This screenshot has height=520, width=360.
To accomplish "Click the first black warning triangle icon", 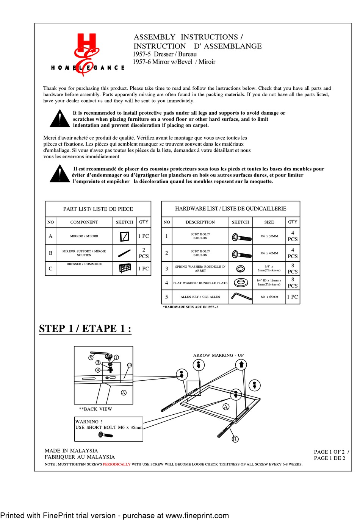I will tap(59, 119).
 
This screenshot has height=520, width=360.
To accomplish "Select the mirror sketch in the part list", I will tap(124, 236).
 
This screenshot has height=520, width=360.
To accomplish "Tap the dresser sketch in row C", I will tap(125, 268).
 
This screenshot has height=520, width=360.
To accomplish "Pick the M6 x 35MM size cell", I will tap(269, 236).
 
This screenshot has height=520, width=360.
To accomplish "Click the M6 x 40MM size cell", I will tap(269, 253).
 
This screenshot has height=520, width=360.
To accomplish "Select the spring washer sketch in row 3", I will tap(240, 269).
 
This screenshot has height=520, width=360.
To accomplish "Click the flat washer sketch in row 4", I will tap(241, 283).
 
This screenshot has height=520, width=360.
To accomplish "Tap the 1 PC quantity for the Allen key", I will tap(292, 297).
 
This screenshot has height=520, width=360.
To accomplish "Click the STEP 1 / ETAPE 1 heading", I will tap(85, 328).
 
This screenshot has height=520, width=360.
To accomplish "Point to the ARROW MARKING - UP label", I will tap(218, 355).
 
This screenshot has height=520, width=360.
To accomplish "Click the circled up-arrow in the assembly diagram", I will tap(241, 365).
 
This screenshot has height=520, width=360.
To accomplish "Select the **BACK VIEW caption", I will tap(95, 409).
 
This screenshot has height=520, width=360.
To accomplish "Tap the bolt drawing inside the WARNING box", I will tap(105, 435).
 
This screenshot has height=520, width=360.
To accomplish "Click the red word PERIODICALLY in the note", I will tap(116, 464).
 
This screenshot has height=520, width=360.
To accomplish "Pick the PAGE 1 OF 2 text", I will tap(329, 452).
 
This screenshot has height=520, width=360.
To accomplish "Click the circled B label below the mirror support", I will tap(235, 439).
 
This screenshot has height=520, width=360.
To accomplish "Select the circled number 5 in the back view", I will tap(91, 358).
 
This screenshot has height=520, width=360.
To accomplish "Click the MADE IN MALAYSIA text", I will tap(71, 451).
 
